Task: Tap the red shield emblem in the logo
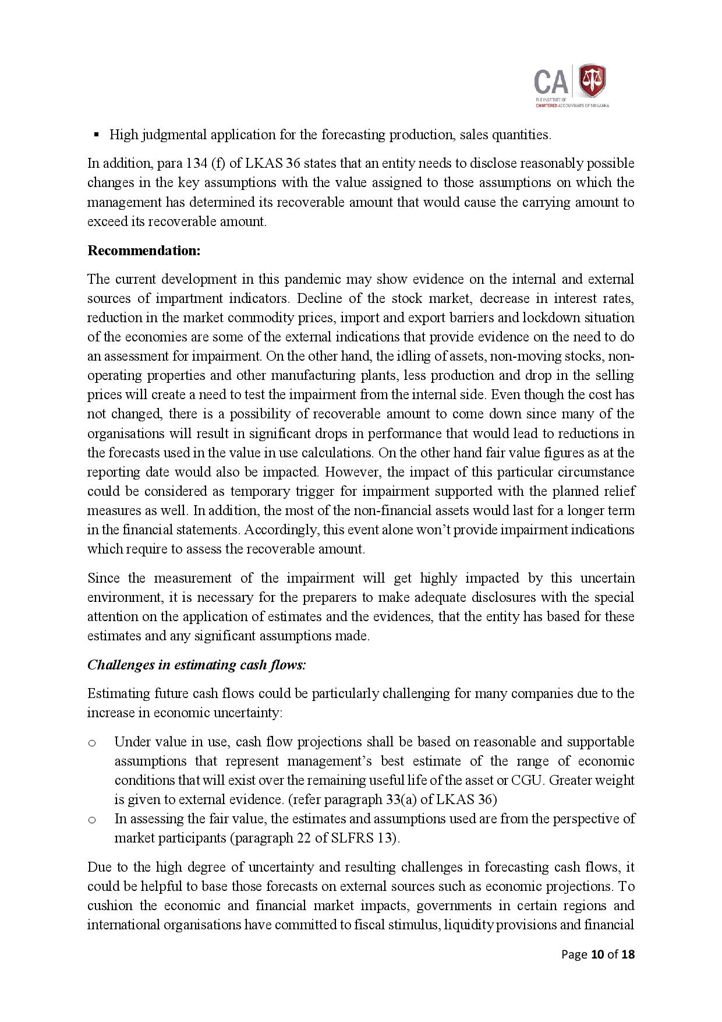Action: (592, 81)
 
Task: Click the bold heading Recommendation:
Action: (144, 251)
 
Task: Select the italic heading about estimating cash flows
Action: (196, 665)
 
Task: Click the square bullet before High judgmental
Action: (96, 135)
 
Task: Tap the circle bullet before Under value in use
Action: (91, 742)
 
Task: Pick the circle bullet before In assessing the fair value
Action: (91, 820)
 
